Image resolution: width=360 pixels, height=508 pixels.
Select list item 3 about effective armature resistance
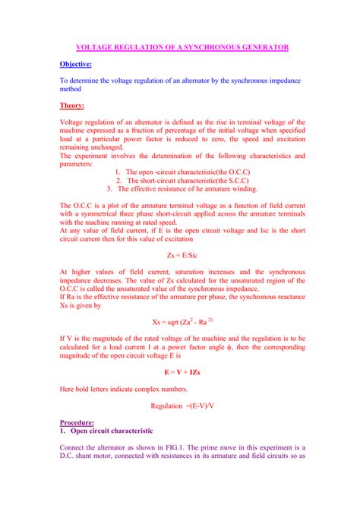pyautogui.click(x=182, y=189)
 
